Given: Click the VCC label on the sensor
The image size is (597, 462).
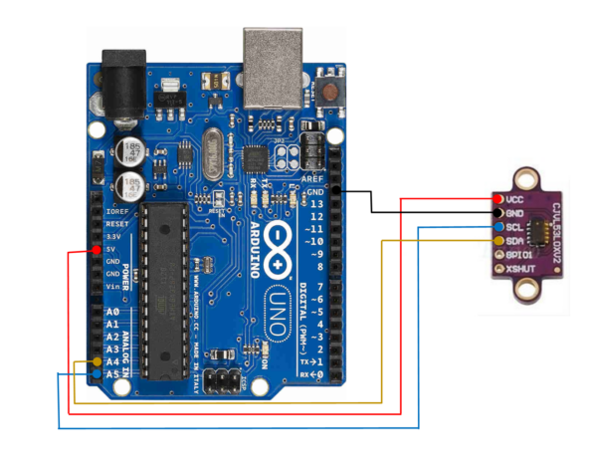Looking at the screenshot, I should pyautogui.click(x=515, y=199).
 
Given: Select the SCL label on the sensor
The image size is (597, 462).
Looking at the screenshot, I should pyautogui.click(x=514, y=227).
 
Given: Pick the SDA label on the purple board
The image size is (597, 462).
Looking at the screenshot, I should pyautogui.click(x=514, y=241).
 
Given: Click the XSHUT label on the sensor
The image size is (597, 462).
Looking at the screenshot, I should pyautogui.click(x=521, y=269).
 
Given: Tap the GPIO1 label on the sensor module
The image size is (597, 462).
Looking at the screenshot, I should pyautogui.click(x=519, y=255).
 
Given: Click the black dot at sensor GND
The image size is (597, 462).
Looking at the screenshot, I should pyautogui.click(x=497, y=213).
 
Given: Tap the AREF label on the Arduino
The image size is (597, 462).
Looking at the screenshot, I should pyautogui.click(x=312, y=178).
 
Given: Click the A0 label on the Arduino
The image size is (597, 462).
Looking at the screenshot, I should pyautogui.click(x=112, y=312).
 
